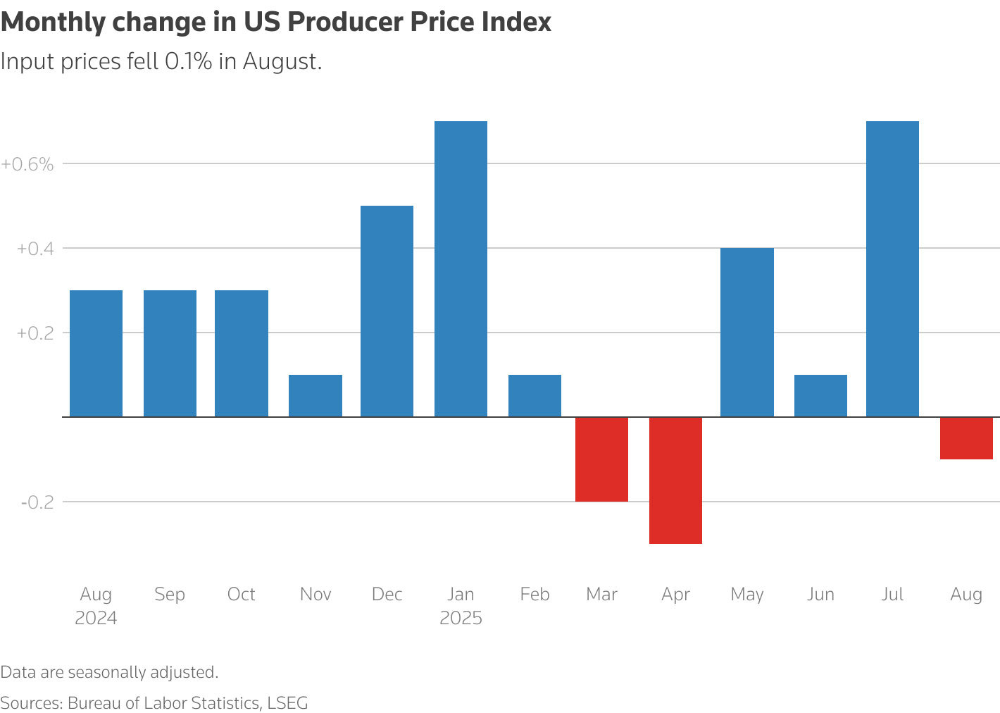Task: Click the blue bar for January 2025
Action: [461, 269]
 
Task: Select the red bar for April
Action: [675, 480]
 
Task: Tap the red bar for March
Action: [601, 459]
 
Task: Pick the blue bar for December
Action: [387, 311]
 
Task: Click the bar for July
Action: [892, 269]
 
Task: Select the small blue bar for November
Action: [315, 396]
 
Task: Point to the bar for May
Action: [747, 333]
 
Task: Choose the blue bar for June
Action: [820, 396]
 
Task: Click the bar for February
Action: [535, 396]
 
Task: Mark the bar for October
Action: [242, 354]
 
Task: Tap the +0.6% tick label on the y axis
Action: [27, 164]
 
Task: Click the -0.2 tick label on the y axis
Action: [37, 502]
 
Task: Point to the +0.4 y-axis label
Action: [35, 249]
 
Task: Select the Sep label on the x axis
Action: [170, 595]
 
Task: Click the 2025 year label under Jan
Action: [461, 619]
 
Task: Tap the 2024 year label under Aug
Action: [96, 619]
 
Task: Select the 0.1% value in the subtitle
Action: [188, 62]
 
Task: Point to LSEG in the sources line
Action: [287, 703]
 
